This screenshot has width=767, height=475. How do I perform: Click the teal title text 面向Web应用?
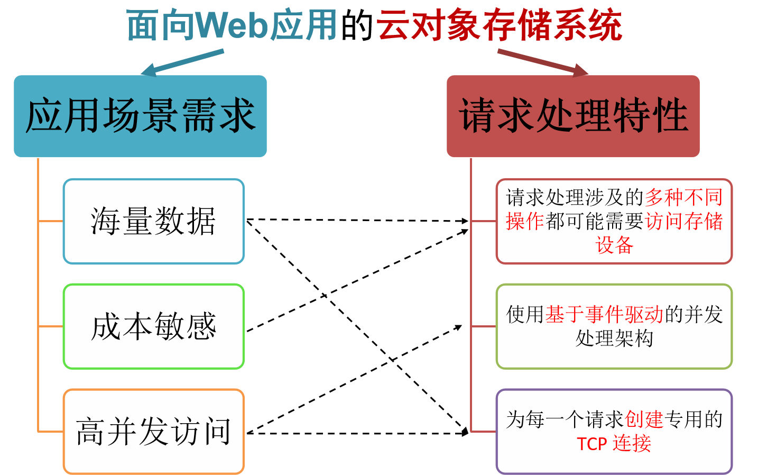pos(232,25)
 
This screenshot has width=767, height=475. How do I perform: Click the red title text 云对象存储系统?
pos(499,25)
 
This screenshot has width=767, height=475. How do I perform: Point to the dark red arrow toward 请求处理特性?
pos(542,61)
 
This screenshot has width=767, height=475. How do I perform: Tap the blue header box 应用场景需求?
pos(140,116)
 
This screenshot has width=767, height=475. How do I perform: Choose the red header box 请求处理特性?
pos(573,116)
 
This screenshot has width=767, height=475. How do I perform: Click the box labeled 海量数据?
pos(153,221)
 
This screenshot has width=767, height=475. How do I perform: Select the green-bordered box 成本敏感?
pos(153,326)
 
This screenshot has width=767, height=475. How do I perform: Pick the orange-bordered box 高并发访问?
pos(153,432)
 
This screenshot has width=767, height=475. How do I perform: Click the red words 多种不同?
pos(683,198)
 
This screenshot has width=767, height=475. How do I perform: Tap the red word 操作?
pos(525,221)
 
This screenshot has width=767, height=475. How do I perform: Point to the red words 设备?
pos(614,245)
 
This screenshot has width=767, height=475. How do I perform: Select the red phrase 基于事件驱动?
pos(604,315)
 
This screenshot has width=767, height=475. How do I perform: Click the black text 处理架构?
pos(614,338)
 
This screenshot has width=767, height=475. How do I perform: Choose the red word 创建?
pos(644,419)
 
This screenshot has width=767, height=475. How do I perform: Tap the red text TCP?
pos(592,444)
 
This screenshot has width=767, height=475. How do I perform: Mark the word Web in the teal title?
pos(232,25)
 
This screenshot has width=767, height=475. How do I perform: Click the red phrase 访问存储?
pos(683,221)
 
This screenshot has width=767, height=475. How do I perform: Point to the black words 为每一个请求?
pos(565,419)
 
